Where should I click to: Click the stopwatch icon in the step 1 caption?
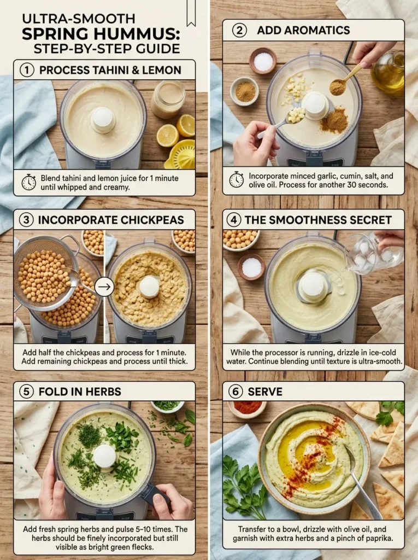coord(28,182)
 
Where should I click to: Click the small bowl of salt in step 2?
coord(263,60)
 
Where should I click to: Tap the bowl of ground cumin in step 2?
coord(245,91)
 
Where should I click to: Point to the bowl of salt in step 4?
coord(251,266)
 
